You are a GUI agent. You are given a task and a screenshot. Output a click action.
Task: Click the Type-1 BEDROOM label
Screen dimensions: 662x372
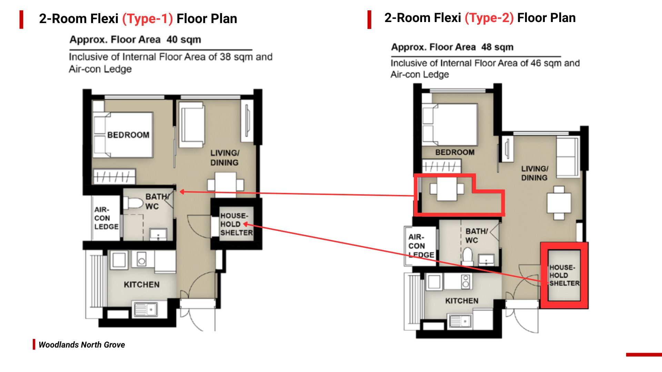coord(128,135)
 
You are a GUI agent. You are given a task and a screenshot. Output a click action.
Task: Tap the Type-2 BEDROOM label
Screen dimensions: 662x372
coord(455,152)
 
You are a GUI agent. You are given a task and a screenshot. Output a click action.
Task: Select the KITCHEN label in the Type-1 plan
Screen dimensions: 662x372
coord(142,285)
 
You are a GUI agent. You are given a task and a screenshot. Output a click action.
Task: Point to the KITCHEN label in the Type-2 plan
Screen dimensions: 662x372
coord(462,301)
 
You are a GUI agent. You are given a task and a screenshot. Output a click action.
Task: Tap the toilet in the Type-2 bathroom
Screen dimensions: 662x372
coord(468,256)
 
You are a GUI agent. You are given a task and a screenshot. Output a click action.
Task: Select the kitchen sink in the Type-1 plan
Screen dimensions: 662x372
coord(145,309)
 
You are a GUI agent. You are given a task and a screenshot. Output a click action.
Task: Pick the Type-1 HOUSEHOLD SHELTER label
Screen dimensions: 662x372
coord(237,224)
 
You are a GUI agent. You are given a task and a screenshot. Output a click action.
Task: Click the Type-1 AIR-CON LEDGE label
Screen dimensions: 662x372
coord(106,218)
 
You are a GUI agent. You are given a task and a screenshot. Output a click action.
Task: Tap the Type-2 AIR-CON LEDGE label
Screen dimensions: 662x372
coord(421,246)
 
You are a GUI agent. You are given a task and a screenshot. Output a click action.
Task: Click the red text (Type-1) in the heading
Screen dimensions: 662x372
coord(148,19)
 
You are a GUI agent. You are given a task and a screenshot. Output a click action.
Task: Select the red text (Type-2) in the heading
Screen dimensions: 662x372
coord(489,18)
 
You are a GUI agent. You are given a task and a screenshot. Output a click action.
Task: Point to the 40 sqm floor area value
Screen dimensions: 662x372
coord(183,40)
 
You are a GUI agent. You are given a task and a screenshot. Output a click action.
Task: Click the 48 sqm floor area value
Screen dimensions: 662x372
coord(497,47)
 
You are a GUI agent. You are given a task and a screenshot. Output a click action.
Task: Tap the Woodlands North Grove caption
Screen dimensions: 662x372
coord(82,345)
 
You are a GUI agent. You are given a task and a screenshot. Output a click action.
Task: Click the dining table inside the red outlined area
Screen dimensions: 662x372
coord(447,189)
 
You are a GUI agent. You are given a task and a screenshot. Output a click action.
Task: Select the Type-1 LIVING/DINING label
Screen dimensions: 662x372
coord(225,158)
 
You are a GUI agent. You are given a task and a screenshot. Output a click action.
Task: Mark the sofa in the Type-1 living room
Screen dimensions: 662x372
coord(192,125)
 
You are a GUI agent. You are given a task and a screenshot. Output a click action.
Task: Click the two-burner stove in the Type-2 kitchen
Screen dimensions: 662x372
coord(465,281)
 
